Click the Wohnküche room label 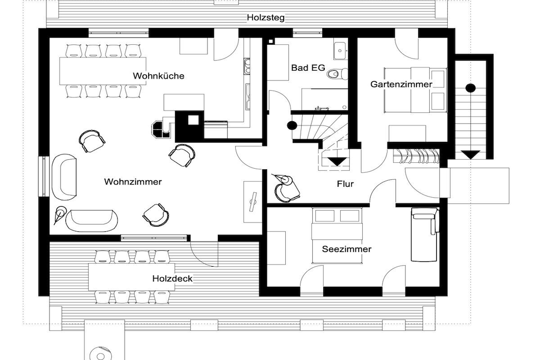[x=158, y=76]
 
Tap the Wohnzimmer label [x=133, y=182]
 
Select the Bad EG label [x=308, y=68]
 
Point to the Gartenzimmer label [x=401, y=84]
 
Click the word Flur [x=345, y=184]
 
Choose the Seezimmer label [x=346, y=249]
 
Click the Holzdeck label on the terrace [x=172, y=278]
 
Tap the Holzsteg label [x=266, y=17]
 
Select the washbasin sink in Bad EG [x=340, y=50]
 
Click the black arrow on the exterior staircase [x=471, y=154]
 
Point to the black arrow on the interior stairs [x=337, y=161]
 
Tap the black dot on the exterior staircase [x=471, y=88]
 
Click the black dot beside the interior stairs [x=292, y=125]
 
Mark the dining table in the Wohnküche [x=103, y=71]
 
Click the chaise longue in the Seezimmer [x=425, y=235]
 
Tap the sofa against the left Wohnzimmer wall [x=64, y=177]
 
